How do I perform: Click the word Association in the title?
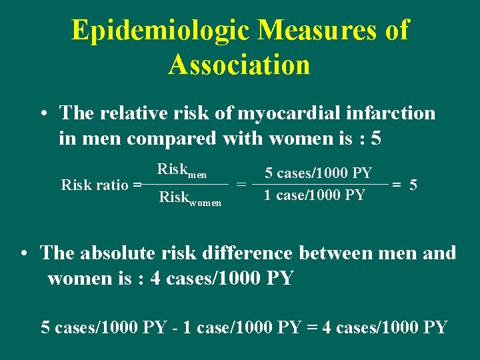239,65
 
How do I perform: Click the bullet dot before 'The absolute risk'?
23,254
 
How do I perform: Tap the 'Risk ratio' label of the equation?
95,185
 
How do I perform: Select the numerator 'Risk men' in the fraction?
181,171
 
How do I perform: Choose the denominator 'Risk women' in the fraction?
190,198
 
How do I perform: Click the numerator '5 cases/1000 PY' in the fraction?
318,173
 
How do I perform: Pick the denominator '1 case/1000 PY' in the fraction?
314,195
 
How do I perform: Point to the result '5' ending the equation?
413,185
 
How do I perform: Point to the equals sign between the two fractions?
241,185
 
